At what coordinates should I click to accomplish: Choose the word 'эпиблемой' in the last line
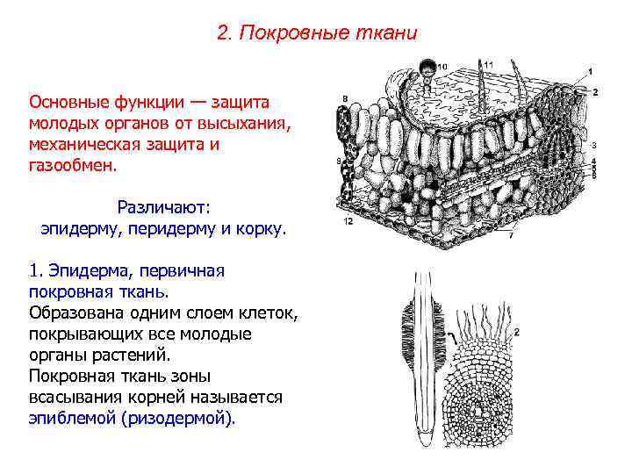pos(70,419)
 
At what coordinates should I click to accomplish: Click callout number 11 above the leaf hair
pos(488,63)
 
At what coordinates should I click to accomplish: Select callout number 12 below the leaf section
pos(348,222)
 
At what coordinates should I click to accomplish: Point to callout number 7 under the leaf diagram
pos(512,235)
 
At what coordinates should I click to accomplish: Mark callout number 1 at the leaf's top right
pos(590,70)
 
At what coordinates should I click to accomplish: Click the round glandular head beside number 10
pos(427,66)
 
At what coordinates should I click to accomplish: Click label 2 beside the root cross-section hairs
pos(517,332)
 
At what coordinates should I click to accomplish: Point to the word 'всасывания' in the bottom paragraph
pos(74,398)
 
